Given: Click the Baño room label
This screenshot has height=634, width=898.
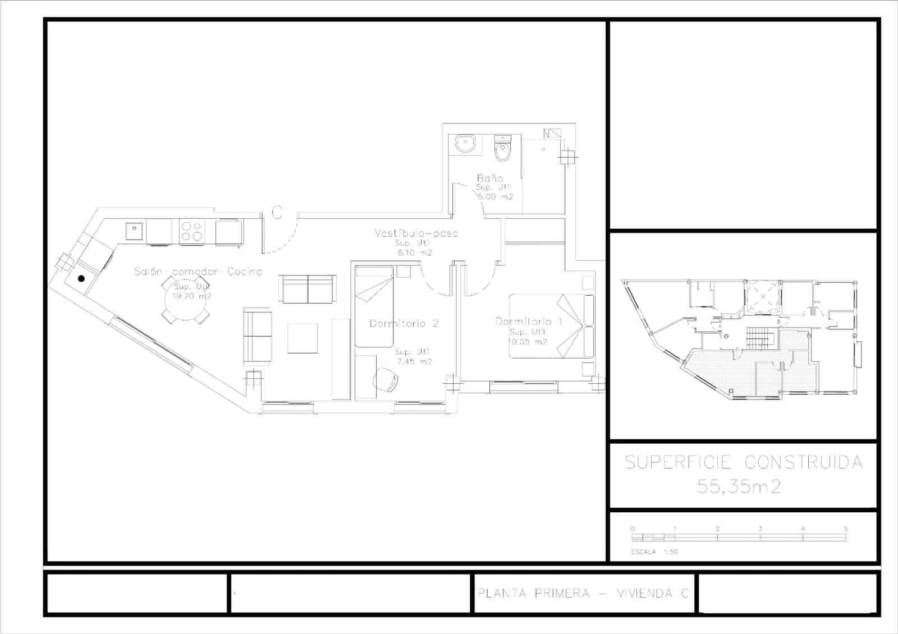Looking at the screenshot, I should click(489, 178).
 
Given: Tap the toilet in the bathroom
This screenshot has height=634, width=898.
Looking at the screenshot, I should click(502, 149).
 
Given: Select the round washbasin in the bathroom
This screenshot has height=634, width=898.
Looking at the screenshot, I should click(465, 144).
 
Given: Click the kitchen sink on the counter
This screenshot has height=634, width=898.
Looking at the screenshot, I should click(135, 231).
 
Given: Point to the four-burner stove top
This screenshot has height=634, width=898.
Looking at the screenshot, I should click(191, 231).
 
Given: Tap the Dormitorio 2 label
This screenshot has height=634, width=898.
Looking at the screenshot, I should click(404, 324).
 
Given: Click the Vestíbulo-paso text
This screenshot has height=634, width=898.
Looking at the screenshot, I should click(416, 233).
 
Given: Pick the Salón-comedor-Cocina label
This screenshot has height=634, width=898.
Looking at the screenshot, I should click(198, 272).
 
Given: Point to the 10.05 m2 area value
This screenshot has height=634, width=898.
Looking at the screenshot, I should click(528, 342).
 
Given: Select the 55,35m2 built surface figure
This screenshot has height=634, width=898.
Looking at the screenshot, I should click(739, 486).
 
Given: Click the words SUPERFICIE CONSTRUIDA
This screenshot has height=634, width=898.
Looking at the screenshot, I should click(743, 462).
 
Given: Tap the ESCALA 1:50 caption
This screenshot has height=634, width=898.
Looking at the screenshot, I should click(654, 552).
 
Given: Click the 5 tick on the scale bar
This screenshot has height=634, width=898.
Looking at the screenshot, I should click(845, 529).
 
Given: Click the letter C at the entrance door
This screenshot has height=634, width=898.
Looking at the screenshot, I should click(277, 213).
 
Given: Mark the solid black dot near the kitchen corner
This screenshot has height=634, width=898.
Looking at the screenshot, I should click(81, 278).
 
